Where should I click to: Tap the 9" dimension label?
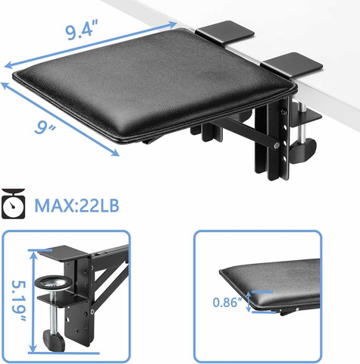click(x=45, y=127)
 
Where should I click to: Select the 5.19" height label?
click(x=18, y=301)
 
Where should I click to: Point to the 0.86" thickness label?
click(x=227, y=302)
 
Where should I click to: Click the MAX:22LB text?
click(x=77, y=206)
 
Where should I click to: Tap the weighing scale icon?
click(x=13, y=203)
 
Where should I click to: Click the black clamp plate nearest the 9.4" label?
click(x=225, y=33)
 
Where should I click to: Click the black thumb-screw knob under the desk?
click(x=303, y=151)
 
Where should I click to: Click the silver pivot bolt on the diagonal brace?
click(x=277, y=145)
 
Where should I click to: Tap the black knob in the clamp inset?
click(x=54, y=340)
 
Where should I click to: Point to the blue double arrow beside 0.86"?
click(x=249, y=302)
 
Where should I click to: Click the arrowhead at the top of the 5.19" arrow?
click(x=33, y=256)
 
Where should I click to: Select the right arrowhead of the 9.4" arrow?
click(x=173, y=24)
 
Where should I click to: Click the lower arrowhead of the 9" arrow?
click(x=115, y=152)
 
